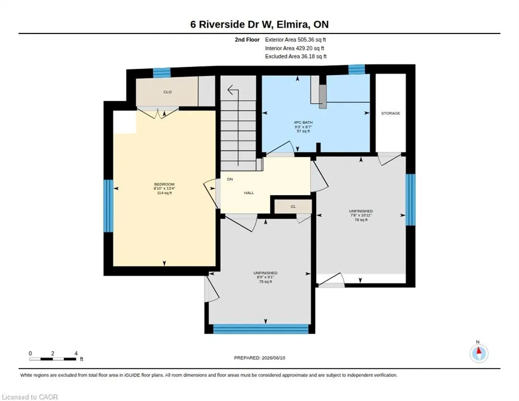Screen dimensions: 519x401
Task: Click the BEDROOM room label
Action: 164,184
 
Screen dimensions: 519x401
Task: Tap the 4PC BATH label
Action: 303,122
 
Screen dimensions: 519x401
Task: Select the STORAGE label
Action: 391,113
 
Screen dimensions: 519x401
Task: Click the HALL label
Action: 249,193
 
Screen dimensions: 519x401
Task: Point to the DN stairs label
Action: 230,179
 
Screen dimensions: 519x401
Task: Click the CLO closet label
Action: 168,92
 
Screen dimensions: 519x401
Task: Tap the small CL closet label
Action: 293,207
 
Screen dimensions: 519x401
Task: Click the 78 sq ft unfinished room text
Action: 361,219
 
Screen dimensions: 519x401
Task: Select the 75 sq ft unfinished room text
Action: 265,281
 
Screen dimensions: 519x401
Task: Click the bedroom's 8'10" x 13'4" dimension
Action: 164,188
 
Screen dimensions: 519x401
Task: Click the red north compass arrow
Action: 479,350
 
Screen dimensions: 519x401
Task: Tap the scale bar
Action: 53,359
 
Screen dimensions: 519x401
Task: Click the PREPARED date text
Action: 259,358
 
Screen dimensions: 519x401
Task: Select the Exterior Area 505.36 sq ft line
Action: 295,40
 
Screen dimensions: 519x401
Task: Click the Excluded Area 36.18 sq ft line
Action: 296,56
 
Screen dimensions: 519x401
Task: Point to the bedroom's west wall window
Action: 108,206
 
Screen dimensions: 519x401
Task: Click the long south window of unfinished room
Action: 261,329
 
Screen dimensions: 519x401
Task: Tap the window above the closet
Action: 161,73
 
